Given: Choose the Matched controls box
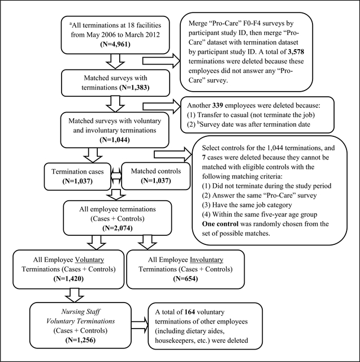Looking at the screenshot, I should coord(154,176).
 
